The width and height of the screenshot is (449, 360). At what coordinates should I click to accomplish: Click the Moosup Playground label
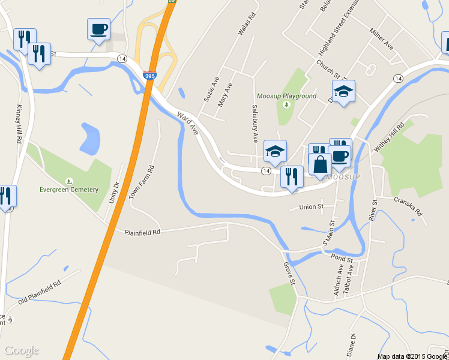tap(286, 96)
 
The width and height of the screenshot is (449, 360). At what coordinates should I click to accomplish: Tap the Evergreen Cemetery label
tap(69, 190)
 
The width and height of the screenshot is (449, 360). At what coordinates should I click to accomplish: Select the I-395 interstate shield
tap(150, 76)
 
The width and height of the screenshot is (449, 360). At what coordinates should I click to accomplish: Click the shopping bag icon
tap(320, 164)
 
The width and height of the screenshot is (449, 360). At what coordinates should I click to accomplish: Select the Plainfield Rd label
tap(142, 232)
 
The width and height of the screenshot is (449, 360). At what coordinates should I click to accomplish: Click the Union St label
tap(312, 207)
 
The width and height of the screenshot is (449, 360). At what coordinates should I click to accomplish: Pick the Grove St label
tap(291, 274)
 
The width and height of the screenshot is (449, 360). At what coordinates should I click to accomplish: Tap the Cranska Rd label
tap(408, 206)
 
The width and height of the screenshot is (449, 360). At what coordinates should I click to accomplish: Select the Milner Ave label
tap(381, 38)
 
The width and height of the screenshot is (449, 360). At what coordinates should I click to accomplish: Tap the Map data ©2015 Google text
tap(412, 356)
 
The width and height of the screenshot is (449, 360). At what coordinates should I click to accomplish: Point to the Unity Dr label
tap(114, 192)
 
